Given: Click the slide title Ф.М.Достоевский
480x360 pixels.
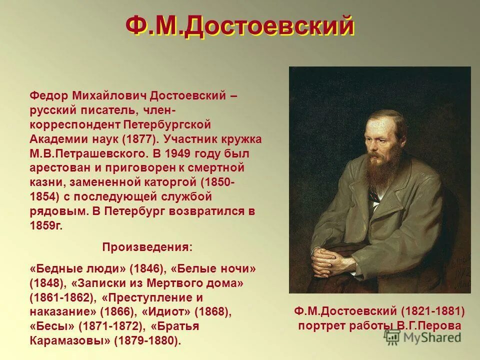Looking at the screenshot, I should pos(240,26).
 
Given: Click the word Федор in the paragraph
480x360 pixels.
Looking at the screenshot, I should pos(48,95).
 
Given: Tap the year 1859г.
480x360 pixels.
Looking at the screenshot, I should pos(46,225).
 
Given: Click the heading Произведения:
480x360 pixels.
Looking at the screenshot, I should pos(147,247).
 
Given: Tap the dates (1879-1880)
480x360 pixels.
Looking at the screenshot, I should pos(147,341).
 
